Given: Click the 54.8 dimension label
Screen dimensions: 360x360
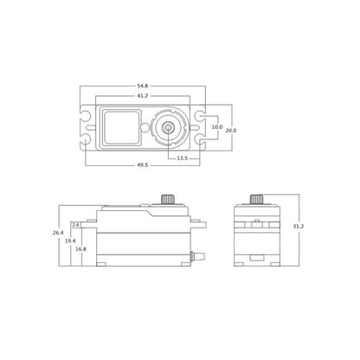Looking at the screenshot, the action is pyautogui.click(x=143, y=86).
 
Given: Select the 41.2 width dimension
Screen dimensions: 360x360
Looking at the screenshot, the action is pyautogui.click(x=143, y=96).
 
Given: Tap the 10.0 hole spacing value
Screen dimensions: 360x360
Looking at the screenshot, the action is pyautogui.click(x=217, y=127).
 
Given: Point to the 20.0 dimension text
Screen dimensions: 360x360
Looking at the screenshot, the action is pyautogui.click(x=231, y=131).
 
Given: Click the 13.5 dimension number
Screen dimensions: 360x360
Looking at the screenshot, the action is pyautogui.click(x=183, y=158).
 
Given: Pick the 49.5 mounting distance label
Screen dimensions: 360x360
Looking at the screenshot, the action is pyautogui.click(x=143, y=165).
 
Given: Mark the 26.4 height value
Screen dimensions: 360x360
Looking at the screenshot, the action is pyautogui.click(x=58, y=233).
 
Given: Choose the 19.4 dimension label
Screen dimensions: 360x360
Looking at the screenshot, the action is pyautogui.click(x=70, y=241).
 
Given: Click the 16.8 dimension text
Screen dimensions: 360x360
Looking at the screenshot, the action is pyautogui.click(x=80, y=248).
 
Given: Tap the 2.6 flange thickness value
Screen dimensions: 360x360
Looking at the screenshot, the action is pyautogui.click(x=76, y=225).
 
